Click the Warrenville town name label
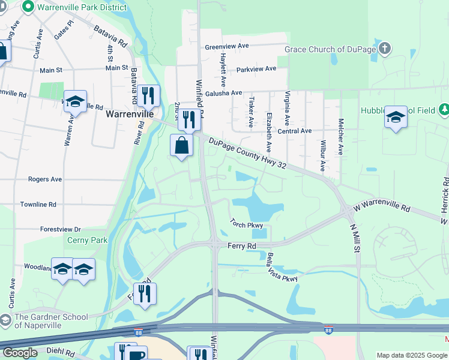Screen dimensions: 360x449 click(130, 113)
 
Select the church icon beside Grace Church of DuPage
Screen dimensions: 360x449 click(385, 48)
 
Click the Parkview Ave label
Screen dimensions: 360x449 click(256, 69)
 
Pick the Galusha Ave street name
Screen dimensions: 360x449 click(223, 93)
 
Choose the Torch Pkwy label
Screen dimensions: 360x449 click(246, 224)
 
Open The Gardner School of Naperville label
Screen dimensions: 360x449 click(51, 321)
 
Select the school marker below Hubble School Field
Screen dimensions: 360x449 click(396, 118)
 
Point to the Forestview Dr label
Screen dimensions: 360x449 click(61, 229)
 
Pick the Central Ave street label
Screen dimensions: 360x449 click(295, 131)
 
